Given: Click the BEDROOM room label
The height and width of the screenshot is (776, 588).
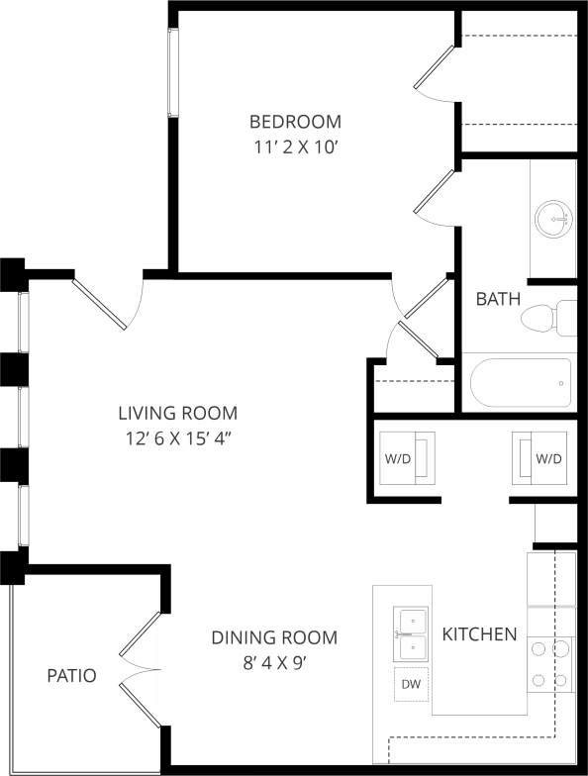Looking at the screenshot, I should tap(295, 122).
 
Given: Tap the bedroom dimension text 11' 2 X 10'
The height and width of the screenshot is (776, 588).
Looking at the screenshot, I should tap(295, 146).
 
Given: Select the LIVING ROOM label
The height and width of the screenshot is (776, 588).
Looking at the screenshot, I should tap(178, 413).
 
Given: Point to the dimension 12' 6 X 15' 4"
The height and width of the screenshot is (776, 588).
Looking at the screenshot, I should tap(178, 436).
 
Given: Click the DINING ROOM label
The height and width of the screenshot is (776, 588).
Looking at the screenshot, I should tap(274, 637).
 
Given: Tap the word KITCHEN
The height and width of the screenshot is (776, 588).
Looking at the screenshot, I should tap(479, 633).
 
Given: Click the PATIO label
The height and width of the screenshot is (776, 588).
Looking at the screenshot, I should tap(72, 676).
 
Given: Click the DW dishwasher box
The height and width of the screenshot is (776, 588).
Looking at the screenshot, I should tap(410, 683).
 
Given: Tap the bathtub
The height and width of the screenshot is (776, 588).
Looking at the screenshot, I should tap(519, 382).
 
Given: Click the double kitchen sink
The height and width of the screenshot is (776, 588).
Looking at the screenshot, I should tap(410, 634).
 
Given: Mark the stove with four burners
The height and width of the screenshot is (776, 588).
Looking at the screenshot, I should tap(550, 664).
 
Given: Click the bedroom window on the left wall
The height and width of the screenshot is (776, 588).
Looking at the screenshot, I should tap(173, 73).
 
